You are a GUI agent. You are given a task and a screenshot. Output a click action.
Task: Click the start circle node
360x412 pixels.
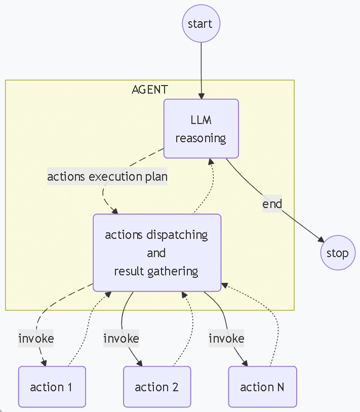click(201, 24)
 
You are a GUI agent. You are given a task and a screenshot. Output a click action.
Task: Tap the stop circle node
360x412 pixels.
click(337, 253)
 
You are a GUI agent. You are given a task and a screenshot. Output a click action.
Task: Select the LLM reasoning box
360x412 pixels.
click(201, 129)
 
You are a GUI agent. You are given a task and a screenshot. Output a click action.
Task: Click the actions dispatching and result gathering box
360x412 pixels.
click(157, 253)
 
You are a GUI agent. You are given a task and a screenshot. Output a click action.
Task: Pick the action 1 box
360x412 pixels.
click(52, 387)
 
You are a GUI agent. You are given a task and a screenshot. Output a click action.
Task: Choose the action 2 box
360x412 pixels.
click(157, 387)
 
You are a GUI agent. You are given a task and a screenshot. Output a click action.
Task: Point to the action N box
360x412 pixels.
click(262, 387)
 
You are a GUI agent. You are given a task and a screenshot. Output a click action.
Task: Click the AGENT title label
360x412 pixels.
click(150, 90)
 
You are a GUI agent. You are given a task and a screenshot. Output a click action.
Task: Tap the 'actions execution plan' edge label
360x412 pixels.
click(107, 177)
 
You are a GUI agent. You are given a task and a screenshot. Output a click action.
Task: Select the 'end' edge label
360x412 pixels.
click(272, 203)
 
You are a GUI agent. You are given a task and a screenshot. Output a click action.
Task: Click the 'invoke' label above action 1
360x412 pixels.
click(36, 338)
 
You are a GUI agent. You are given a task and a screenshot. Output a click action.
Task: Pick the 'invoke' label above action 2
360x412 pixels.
click(121, 338)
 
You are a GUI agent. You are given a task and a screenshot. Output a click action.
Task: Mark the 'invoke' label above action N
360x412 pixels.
click(226, 338)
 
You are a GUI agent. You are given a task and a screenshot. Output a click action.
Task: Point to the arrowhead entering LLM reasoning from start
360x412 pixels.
click(202, 96)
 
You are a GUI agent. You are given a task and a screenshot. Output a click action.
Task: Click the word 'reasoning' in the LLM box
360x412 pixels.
click(201, 138)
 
